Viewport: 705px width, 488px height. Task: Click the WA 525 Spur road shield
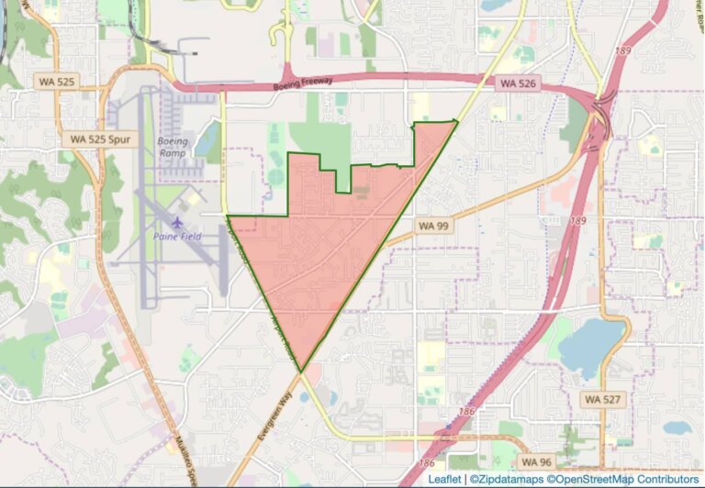102,139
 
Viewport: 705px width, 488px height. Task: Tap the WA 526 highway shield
517,83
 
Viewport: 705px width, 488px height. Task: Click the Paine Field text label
179,236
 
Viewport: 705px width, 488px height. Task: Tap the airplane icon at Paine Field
178,221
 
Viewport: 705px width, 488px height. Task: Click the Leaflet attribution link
444,479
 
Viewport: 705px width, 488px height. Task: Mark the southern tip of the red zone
300,372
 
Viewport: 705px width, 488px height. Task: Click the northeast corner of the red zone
456,120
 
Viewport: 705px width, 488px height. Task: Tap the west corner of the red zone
228,216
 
